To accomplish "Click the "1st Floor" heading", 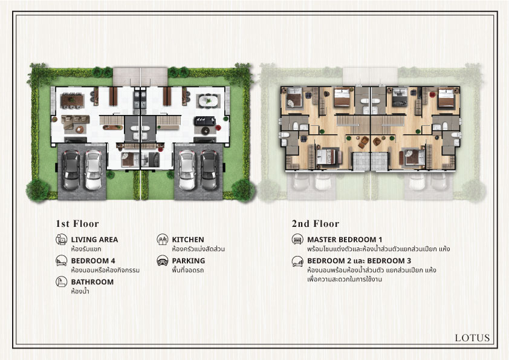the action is [77, 223].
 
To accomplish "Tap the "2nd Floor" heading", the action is [315, 223].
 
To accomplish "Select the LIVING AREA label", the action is [94, 240].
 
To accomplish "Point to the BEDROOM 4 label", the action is [93, 261].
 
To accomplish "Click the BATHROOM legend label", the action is [92, 282].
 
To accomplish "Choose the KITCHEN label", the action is [188, 240].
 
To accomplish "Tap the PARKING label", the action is [188, 261].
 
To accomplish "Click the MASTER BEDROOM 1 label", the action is [345, 240].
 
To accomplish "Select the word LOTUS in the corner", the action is [472, 338].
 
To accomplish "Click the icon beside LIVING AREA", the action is [61, 240].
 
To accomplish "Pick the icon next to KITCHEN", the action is [162, 240].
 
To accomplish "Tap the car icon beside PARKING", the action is [162, 261].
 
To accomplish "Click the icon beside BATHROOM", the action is [61, 282].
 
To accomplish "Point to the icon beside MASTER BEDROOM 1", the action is [297, 240].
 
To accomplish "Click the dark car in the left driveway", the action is [71, 170].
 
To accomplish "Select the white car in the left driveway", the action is [94, 170].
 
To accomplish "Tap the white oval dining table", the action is [208, 100].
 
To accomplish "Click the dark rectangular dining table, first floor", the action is [72, 100].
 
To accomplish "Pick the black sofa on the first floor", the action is [205, 121].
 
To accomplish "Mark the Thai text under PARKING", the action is [188, 270].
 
